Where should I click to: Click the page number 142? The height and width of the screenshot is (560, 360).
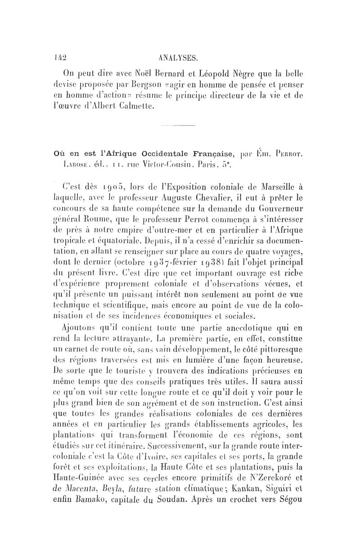58,57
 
